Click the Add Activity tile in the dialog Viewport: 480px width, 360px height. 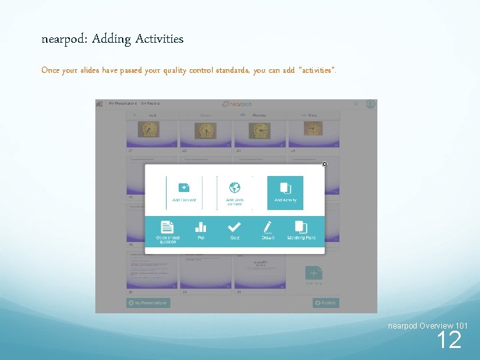tap(285, 193)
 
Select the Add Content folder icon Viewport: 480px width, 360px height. tap(184, 188)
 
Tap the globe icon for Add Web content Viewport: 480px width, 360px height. tap(234, 188)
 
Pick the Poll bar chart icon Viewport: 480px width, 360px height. tap(201, 227)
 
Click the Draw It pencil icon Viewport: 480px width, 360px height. tap(268, 227)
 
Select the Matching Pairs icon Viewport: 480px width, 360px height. tap(301, 227)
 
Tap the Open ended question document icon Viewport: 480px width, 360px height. tap(167, 227)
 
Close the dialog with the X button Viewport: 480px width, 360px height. tap(325, 164)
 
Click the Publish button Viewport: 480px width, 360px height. tap(325, 303)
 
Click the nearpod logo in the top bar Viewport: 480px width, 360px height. tap(236, 104)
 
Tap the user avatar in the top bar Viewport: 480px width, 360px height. tap(371, 104)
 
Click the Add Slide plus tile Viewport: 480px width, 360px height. tap(313, 273)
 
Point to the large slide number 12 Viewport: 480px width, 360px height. tap(449, 341)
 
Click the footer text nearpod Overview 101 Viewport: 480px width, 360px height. tap(427, 325)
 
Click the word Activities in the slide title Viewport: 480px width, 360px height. tap(159, 39)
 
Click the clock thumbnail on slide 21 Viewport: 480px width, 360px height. tap(153, 132)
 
